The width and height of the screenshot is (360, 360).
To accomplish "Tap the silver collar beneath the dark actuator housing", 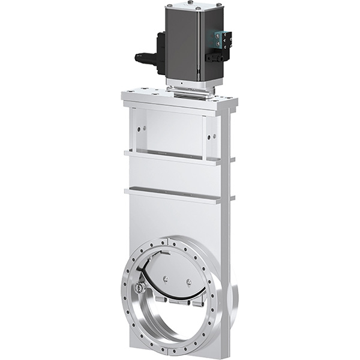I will tap(189, 86).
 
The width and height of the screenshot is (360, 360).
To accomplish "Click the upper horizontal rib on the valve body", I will tap(174, 157).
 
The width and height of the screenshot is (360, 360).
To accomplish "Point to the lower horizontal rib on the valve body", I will tap(174, 194).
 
